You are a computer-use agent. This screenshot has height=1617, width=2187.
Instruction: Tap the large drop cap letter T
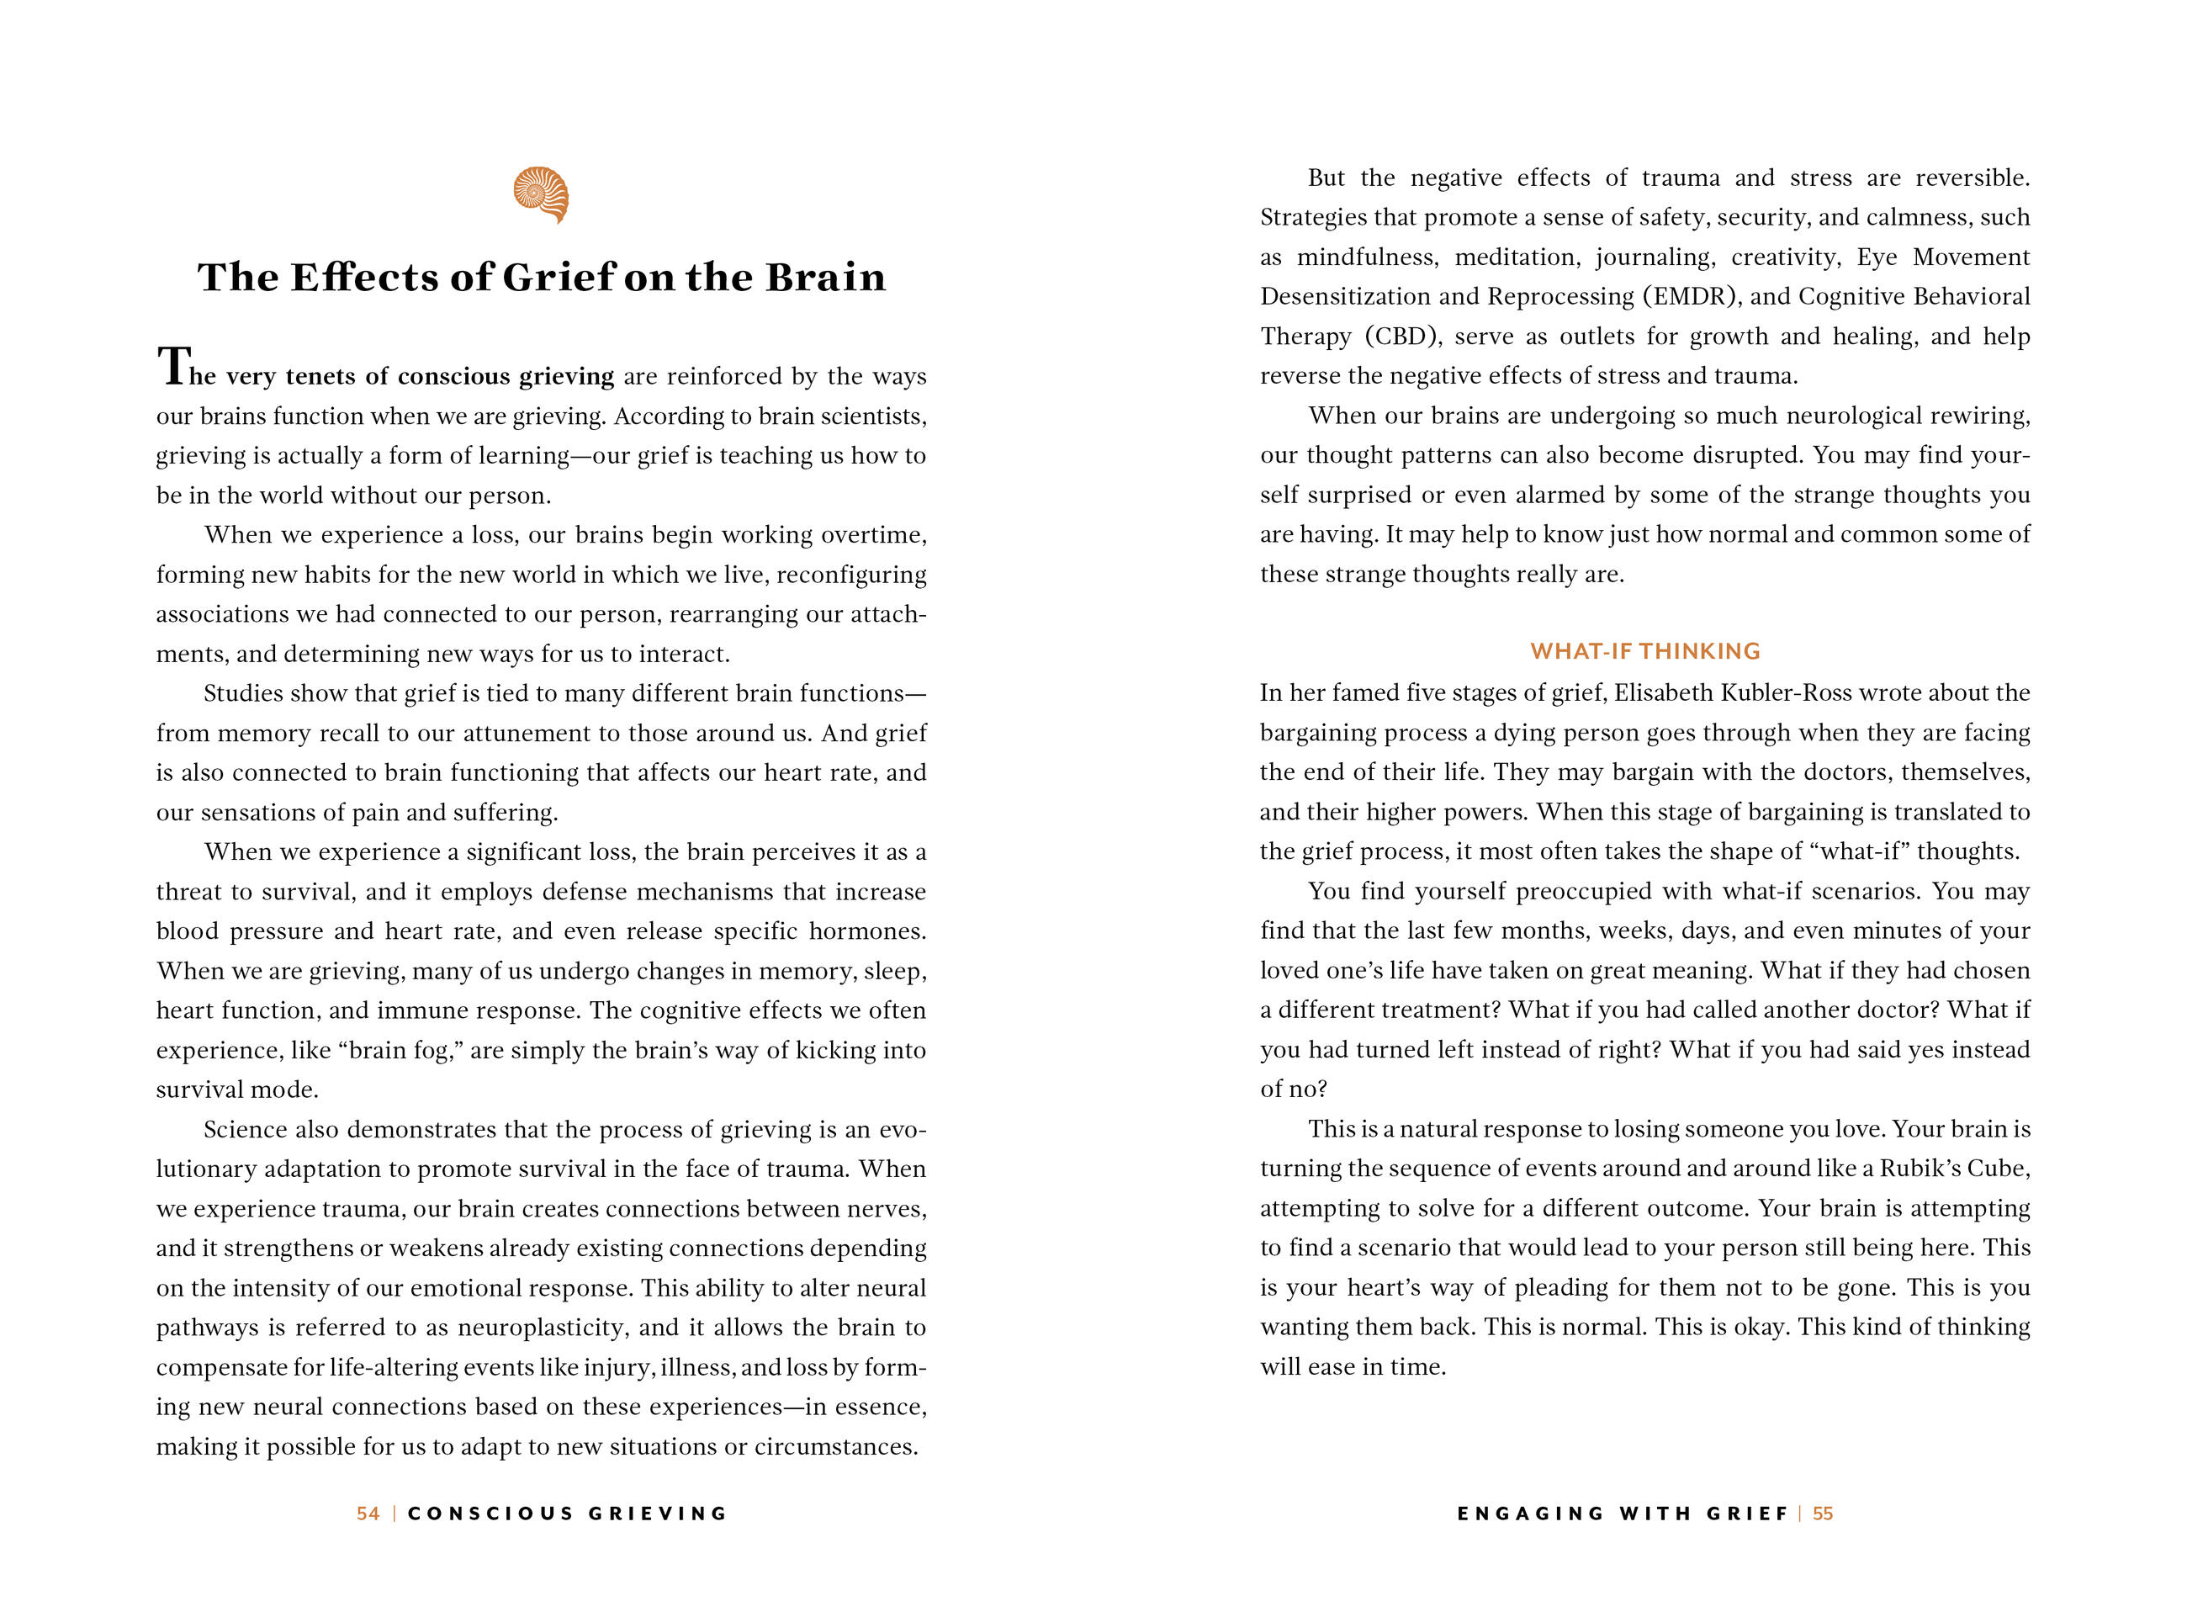(172, 367)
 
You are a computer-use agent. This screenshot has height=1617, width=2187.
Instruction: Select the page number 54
(368, 1514)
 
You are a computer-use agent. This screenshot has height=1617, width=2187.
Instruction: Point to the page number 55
(1823, 1514)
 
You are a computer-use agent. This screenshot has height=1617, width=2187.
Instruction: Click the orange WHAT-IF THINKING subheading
(1645, 651)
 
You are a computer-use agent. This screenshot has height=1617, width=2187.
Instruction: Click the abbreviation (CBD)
(1403, 337)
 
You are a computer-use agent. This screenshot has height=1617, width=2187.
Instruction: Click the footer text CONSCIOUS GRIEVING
(568, 1514)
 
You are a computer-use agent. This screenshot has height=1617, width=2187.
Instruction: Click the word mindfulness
(1367, 257)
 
